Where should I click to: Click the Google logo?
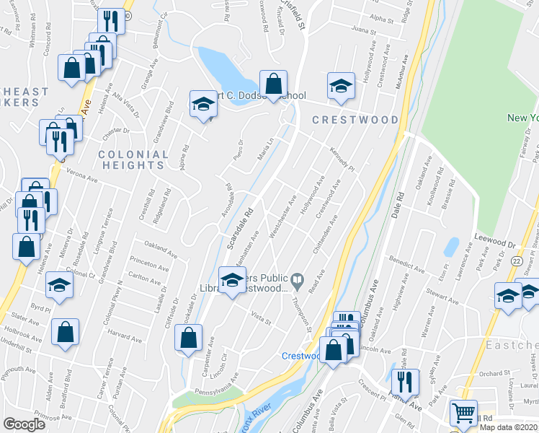pos(24,424)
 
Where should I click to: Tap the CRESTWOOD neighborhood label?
pos(355,119)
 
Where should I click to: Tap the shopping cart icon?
pos(463,414)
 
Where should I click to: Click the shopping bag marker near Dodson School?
pos(274,83)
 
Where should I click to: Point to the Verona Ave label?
pos(81,173)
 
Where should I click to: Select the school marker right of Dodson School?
pos(340,87)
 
